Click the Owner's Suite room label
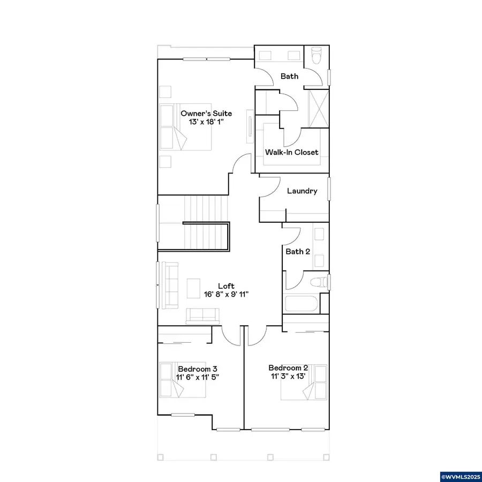click(x=206, y=113)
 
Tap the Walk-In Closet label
click(x=292, y=152)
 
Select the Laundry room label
click(x=302, y=191)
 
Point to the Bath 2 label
click(x=298, y=251)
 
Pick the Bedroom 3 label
click(x=198, y=369)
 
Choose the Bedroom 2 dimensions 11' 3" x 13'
click(x=288, y=376)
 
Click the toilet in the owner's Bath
click(x=315, y=56)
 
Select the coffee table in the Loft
click(x=193, y=287)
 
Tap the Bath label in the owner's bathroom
click(x=290, y=76)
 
